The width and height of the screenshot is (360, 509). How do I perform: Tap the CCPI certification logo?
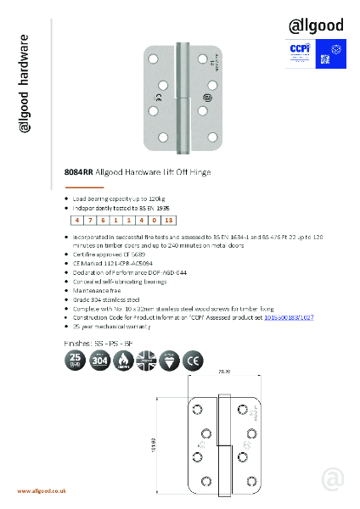pos(295,51)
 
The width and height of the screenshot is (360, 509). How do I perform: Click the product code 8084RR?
pos(78,172)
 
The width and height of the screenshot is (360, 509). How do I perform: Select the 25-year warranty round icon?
pos(76,362)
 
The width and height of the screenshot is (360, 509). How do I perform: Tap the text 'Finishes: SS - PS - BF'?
pos(98,343)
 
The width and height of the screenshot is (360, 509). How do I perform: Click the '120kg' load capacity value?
pos(154,197)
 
